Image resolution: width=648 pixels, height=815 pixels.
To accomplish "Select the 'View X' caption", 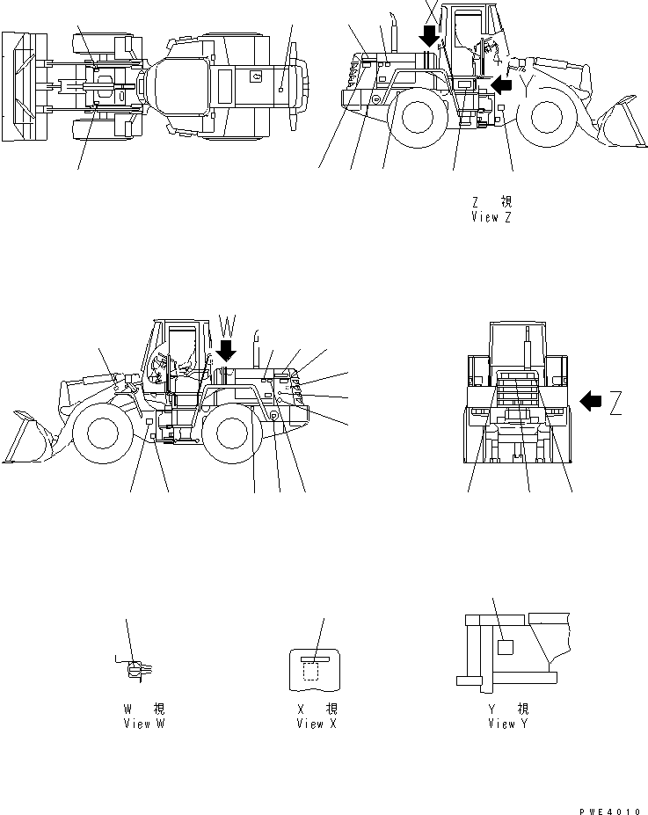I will (x=316, y=724).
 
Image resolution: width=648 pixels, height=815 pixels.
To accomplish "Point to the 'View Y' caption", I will (x=508, y=724).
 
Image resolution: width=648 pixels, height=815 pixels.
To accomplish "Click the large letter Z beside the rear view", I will (x=615, y=403).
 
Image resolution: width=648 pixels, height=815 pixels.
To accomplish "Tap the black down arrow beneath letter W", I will (x=227, y=351).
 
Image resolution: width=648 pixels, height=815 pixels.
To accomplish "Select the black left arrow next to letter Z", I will (x=592, y=403).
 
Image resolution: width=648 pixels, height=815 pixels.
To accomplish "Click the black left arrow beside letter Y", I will (x=500, y=84).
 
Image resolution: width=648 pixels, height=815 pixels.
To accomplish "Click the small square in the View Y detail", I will (x=505, y=647).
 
